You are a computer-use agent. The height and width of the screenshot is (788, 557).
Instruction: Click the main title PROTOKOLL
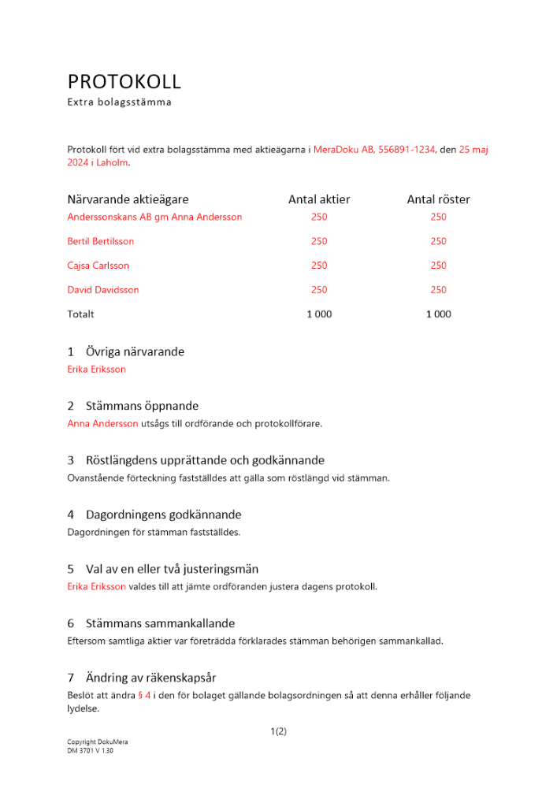[x=124, y=82]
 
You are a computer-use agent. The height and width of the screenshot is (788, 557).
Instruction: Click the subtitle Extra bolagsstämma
[x=119, y=102]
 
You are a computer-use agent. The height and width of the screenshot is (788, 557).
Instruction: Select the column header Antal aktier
[x=319, y=200]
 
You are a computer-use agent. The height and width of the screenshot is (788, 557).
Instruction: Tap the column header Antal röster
[x=438, y=200]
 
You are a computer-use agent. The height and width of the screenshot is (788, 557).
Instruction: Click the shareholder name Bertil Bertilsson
[x=101, y=241]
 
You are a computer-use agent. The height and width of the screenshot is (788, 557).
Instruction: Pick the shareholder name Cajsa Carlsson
[x=98, y=266]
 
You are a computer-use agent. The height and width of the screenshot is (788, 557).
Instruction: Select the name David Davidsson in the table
[x=103, y=290]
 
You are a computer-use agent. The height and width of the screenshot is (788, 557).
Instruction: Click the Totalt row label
[x=80, y=314]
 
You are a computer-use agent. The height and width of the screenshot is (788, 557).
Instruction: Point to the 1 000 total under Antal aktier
[x=319, y=314]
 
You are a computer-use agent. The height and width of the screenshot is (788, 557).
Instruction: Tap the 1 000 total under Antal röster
[x=438, y=314]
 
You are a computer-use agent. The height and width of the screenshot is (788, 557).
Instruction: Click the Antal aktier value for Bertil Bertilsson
[x=319, y=241]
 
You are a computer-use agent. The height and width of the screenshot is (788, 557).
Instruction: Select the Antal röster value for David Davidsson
[x=438, y=290]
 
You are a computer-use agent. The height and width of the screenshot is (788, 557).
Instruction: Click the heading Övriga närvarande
[x=135, y=352]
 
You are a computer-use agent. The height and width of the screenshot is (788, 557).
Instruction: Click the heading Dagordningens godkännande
[x=163, y=515]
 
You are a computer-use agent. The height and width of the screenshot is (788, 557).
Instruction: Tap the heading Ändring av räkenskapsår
[x=150, y=678]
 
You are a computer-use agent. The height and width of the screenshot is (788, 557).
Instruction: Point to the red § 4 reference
[x=144, y=695]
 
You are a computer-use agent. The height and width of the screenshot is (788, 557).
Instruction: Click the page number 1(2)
[x=278, y=731]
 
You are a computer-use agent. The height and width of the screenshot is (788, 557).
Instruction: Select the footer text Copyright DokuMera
[x=98, y=742]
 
